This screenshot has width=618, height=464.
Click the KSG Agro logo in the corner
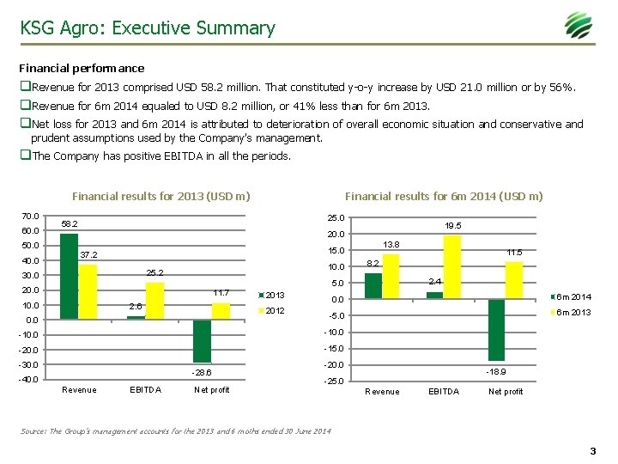tap(578, 26)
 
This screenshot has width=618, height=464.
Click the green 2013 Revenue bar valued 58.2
tap(70, 276)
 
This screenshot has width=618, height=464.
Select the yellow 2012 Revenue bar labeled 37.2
tap(88, 291)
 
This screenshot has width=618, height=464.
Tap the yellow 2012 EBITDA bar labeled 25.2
tap(154, 300)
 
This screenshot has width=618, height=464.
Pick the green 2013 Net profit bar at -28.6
tap(202, 341)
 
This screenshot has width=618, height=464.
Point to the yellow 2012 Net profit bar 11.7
tap(221, 310)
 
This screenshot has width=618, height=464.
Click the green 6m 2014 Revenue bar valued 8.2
tap(373, 286)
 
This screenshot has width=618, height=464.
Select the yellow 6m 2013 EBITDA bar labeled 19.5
tap(452, 267)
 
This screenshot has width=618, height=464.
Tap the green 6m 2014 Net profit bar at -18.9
tap(496, 330)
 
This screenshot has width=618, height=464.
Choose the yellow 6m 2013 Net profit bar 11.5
tap(514, 281)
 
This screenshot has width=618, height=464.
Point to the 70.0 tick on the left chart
tap(31, 216)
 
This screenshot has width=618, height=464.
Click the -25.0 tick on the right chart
tap(334, 382)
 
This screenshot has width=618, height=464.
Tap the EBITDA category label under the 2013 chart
tap(145, 390)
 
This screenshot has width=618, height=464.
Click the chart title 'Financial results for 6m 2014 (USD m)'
tap(443, 196)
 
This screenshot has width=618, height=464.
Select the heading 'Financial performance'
tap(82, 68)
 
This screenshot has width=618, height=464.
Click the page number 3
tap(592, 451)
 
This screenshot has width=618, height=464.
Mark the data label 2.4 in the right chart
tap(434, 282)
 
